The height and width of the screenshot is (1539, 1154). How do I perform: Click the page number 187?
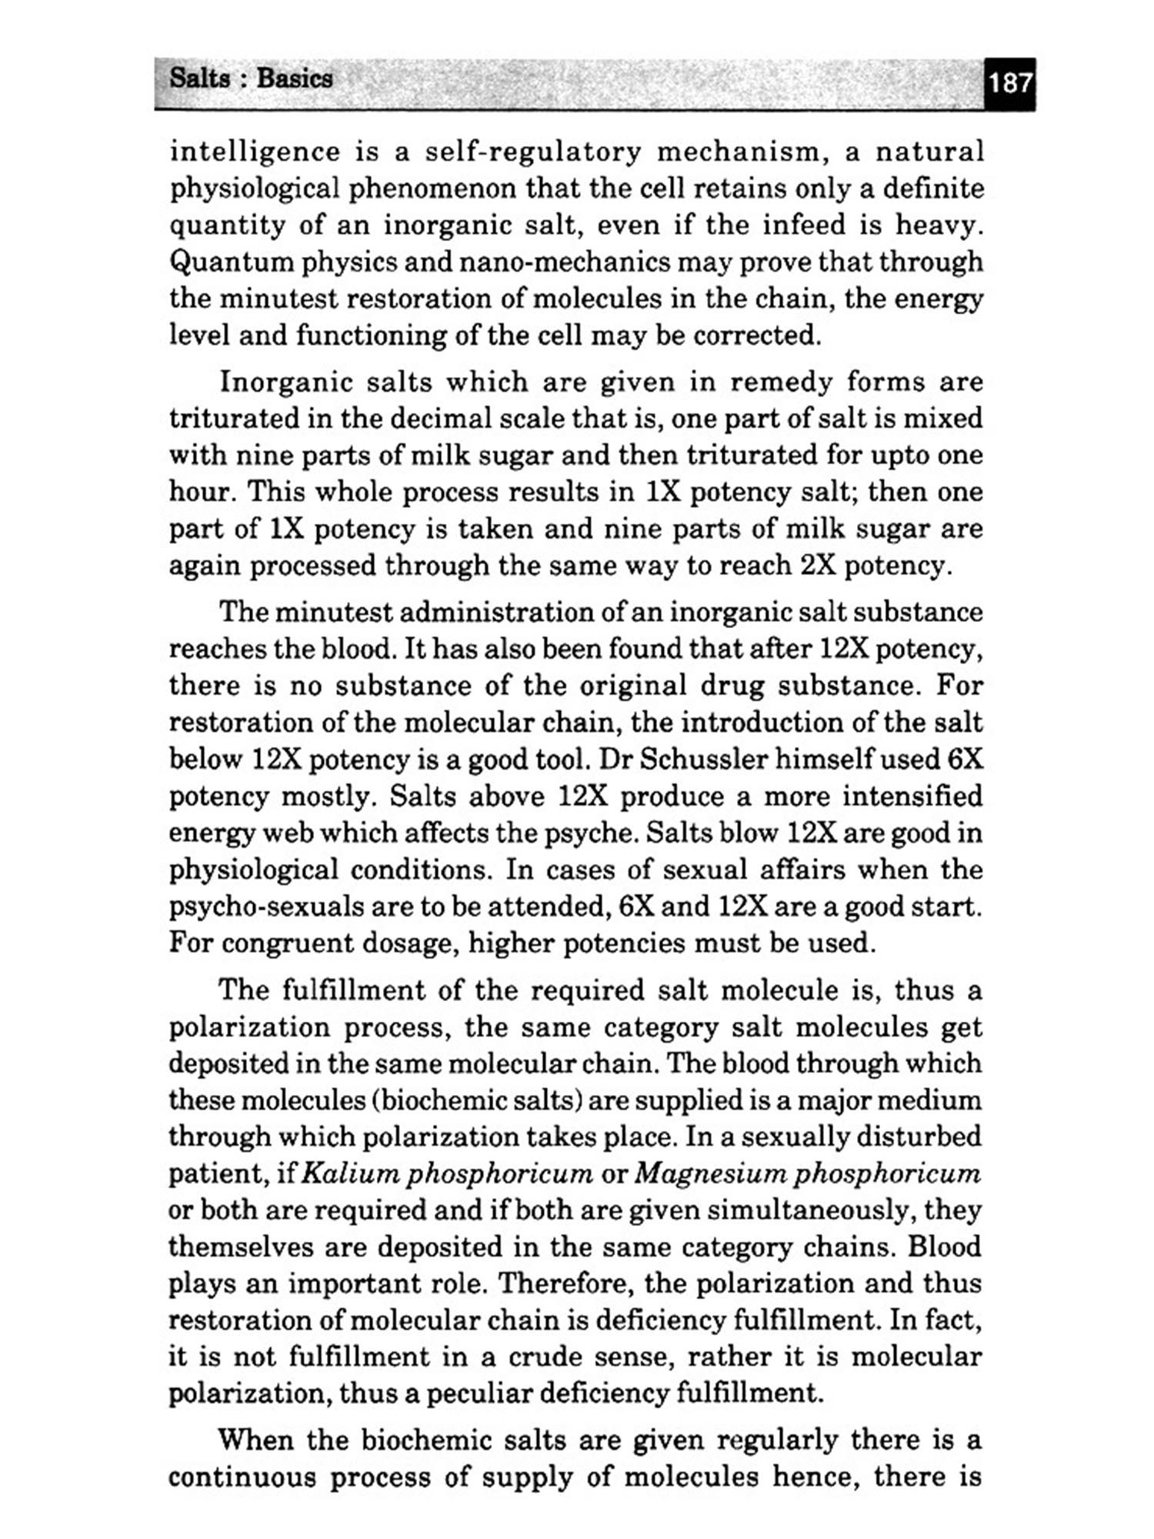point(1010,82)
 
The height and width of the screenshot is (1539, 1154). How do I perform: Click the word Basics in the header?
point(295,78)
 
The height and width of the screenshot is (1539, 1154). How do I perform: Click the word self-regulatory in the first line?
point(532,152)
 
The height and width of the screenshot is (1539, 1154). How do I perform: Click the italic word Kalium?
point(351,1173)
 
